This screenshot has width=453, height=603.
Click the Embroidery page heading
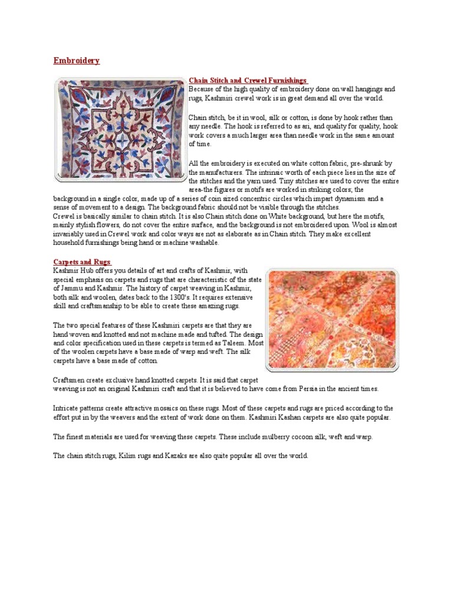[x=76, y=61]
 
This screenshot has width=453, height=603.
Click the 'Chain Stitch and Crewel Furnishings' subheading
[x=247, y=80]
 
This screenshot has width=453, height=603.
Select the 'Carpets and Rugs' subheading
[x=82, y=261]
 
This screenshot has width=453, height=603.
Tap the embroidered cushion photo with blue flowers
[x=119, y=128]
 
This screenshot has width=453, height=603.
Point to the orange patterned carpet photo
[x=332, y=319]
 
